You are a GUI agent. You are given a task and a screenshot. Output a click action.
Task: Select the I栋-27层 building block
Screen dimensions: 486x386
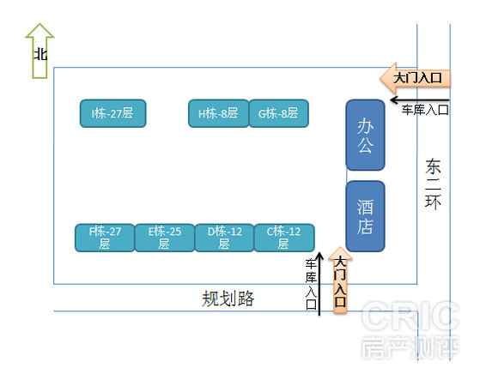coord(112,113)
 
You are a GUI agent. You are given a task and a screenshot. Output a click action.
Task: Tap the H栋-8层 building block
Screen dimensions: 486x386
coord(218,113)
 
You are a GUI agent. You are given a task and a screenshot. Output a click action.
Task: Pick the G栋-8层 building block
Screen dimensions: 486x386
coord(279,113)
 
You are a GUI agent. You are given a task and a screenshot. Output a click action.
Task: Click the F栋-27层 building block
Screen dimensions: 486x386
coord(105,238)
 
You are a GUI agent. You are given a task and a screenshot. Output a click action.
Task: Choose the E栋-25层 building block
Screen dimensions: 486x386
coord(165,238)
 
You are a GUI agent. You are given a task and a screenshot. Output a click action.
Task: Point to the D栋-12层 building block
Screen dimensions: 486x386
coord(224,238)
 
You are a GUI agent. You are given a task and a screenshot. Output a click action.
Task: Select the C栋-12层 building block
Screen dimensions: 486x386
coord(284,238)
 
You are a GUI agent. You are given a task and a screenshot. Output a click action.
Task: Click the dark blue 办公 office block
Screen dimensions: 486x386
coord(366,135)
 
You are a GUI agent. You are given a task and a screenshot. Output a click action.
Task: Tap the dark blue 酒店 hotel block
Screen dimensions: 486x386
coord(366,216)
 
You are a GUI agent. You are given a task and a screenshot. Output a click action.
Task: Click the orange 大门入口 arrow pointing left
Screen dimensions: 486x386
coord(416,78)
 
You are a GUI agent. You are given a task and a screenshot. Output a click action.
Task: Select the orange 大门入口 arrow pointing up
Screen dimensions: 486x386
coord(340,280)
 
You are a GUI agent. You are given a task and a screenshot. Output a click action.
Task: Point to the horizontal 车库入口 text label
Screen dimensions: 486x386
coord(425,110)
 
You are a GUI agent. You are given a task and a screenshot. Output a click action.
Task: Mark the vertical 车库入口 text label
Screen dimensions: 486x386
coord(311,284)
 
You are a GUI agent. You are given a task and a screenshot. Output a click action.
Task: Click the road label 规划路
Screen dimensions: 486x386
coord(228,299)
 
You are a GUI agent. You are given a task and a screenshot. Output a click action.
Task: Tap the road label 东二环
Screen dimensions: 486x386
coord(433,184)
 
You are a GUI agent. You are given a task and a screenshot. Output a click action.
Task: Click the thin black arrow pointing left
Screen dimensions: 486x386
coord(420,100)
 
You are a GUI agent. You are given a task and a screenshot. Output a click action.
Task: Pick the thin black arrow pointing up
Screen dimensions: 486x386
coord(319,284)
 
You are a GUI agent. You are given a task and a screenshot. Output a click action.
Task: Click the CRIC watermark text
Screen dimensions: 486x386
coord(410,316)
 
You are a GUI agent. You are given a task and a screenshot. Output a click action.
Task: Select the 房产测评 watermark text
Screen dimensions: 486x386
coord(410,347)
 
